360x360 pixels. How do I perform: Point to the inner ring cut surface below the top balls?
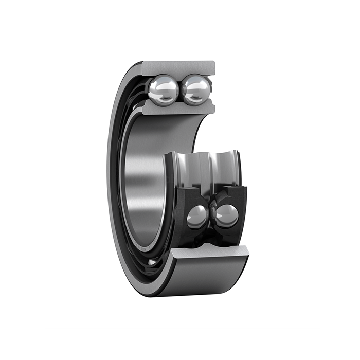(x=177, y=108)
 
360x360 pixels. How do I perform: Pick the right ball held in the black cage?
(x=227, y=215)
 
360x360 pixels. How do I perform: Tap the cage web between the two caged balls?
(x=211, y=211)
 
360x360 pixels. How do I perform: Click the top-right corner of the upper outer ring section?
(x=214, y=62)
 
